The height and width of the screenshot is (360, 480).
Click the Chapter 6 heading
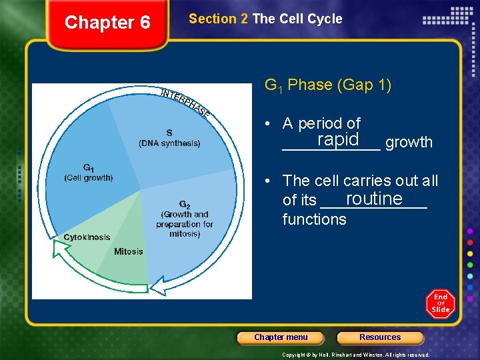coord(107,23)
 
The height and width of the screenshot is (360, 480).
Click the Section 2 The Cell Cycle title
coord(265,19)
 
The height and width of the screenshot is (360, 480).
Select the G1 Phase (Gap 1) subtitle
coord(328,85)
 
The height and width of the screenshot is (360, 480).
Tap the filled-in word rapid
coord(338,139)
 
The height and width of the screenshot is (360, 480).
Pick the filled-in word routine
coord(374,199)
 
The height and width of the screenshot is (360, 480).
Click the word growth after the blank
coord(409,142)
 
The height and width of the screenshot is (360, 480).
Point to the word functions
coord(314,219)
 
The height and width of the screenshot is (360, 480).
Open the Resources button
coord(380,337)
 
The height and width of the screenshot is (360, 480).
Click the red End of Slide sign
coord(441,304)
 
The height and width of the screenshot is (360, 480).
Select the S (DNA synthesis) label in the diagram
coord(169,138)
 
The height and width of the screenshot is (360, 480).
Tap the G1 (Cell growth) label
coord(89,173)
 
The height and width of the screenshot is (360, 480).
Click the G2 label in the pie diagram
coord(185,204)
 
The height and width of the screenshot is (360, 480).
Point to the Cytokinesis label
coord(87,238)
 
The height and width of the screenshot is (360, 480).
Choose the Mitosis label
coord(128,252)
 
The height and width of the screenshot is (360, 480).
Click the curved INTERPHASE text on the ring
coord(185,102)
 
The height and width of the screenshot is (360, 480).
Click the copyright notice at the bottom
coord(356,355)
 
